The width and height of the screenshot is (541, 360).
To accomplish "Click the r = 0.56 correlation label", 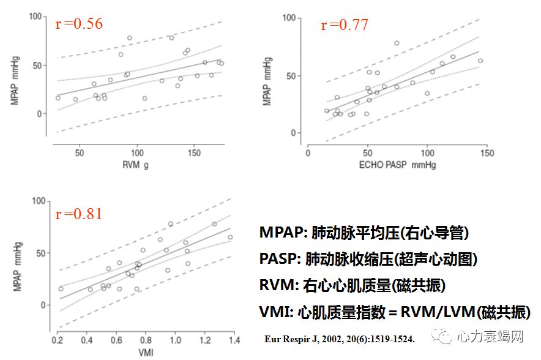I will [x=79, y=24].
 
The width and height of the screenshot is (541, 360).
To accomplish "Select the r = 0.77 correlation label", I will [x=345, y=25].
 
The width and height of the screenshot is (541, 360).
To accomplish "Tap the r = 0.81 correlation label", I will [x=78, y=214].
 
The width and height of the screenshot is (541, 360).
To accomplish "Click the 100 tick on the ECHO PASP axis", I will [x=427, y=152].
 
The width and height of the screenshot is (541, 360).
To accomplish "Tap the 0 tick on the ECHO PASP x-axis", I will [x=308, y=152].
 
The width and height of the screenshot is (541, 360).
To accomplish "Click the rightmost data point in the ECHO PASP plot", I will [x=480, y=61].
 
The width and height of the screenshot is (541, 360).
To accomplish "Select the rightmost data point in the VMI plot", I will [x=230, y=237].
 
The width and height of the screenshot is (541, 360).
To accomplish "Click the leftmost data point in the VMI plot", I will [x=61, y=288].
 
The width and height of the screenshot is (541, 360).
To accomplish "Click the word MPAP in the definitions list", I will [x=281, y=233].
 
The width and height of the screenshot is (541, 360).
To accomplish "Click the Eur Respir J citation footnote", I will [x=339, y=338].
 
